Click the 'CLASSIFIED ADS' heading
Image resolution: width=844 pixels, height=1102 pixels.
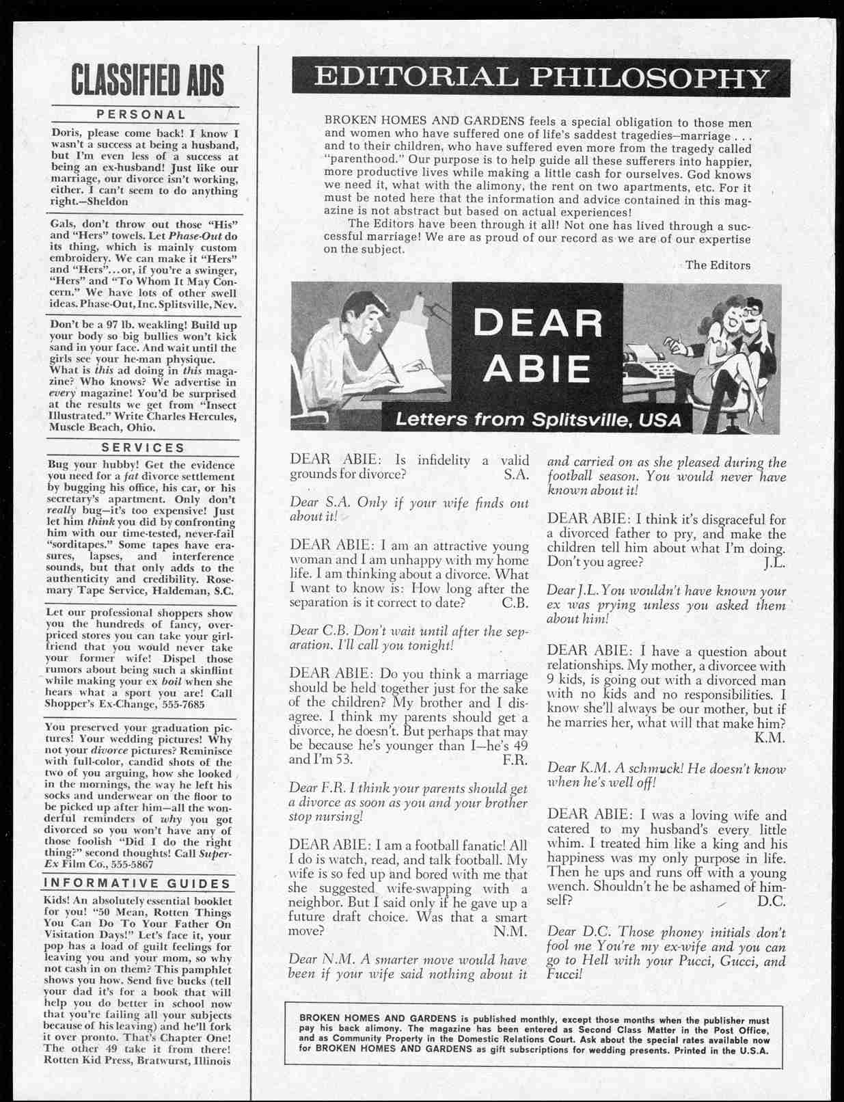coord(146,79)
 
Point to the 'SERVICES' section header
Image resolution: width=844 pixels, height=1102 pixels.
coord(143,448)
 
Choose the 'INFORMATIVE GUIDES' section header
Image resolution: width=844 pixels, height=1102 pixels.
coord(137,883)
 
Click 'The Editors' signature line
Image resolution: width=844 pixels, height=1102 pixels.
coord(718,265)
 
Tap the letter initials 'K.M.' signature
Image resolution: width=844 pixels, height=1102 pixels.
coord(770,738)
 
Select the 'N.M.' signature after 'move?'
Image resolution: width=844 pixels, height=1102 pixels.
coord(510,931)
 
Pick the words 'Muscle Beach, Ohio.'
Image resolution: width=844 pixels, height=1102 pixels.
coord(103,427)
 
